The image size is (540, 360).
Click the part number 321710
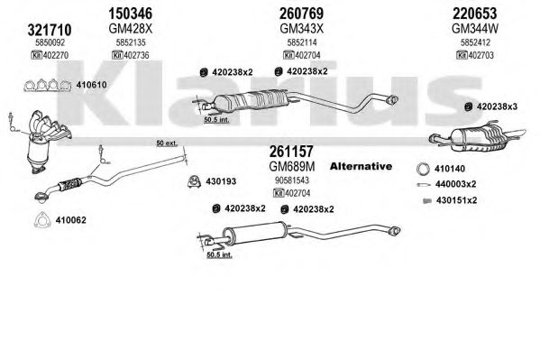[50, 30]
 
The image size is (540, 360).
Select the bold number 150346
[130, 14]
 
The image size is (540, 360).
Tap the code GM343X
[302, 29]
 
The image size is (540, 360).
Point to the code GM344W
[475, 29]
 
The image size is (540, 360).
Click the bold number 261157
[291, 152]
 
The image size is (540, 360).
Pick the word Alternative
[361, 167]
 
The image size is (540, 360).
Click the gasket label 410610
[91, 85]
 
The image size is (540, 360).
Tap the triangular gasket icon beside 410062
[42, 219]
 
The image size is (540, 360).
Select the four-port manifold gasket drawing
[47, 85]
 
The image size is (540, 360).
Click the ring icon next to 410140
[423, 169]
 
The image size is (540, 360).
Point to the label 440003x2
[455, 184]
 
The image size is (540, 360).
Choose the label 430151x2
[456, 200]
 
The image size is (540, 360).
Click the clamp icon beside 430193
[195, 181]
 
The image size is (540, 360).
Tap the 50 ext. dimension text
[167, 143]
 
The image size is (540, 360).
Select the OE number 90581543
[292, 180]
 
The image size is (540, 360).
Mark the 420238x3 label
[497, 106]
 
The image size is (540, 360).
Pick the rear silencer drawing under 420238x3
[477, 137]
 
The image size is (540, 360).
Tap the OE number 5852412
[475, 42]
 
